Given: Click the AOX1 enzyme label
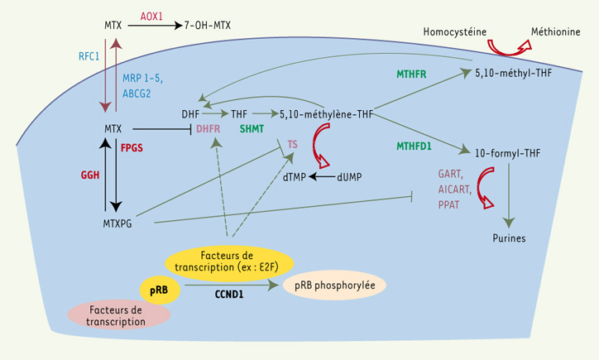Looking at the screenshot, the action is click(151, 17).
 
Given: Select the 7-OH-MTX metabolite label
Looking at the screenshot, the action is click(208, 26).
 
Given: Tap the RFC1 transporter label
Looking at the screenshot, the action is click(89, 56).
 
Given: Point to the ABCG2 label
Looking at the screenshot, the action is click(137, 94).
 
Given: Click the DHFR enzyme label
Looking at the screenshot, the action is click(208, 129).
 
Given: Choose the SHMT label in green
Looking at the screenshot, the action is click(252, 129).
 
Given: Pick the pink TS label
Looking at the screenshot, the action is click(292, 145).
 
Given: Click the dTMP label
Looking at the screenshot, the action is click(295, 177).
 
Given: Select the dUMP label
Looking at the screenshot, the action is click(349, 177).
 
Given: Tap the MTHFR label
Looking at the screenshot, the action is click(411, 74).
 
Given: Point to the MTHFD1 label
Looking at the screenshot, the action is click(414, 146).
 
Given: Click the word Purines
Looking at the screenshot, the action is click(509, 238).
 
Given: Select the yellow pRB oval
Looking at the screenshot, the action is click(160, 290).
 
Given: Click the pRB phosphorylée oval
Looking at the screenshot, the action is click(334, 285).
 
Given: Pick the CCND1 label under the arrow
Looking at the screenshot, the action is click(229, 295).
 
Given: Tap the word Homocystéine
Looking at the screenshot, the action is click(454, 31).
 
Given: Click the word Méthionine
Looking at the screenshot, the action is click(555, 31).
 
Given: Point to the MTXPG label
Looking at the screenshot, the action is click(117, 223).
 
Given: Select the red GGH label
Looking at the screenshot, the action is click(90, 175).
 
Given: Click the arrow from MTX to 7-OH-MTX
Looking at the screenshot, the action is click(155, 26).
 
